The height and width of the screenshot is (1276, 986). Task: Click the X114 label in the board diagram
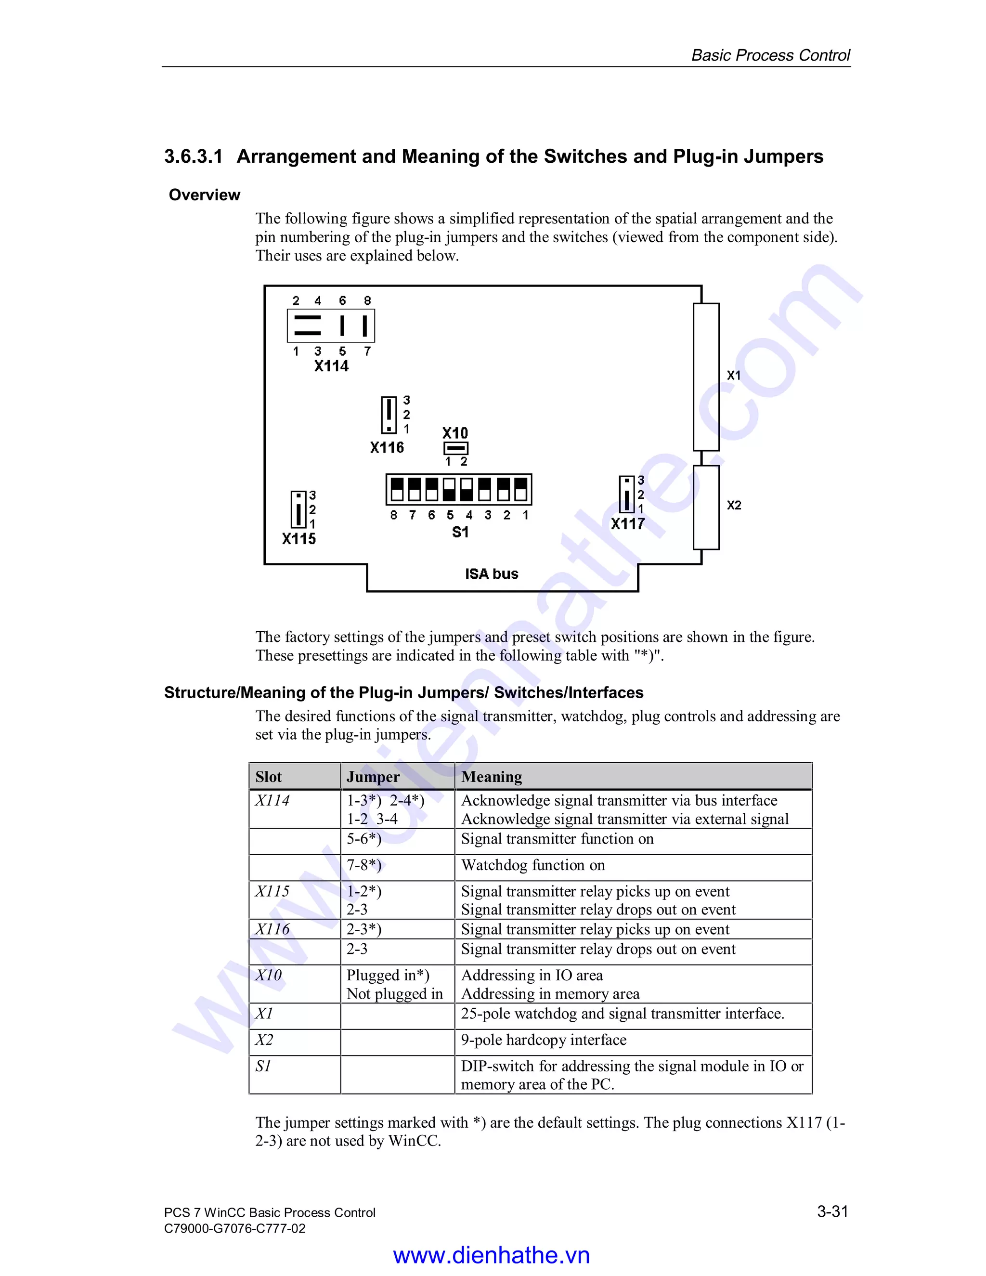pos(331,366)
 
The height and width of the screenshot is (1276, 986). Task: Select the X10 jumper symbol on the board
pos(455,448)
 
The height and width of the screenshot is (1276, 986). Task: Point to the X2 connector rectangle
pos(706,507)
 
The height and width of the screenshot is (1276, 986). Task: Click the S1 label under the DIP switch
pos(460,532)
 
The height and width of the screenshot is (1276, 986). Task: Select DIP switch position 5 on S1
pos(449,490)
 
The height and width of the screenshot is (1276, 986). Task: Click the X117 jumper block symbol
pos(626,495)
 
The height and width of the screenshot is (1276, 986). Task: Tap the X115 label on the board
pos(298,539)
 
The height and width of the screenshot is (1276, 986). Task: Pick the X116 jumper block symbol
pos(389,415)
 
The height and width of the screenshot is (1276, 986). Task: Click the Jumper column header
pos(373,777)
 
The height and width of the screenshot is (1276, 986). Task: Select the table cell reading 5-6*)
pos(364,839)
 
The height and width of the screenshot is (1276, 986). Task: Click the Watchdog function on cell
pos(533,865)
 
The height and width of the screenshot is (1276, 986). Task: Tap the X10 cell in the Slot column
pos(269,975)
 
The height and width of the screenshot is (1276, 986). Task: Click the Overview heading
pos(205,195)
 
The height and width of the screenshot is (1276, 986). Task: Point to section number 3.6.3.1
pos(194,156)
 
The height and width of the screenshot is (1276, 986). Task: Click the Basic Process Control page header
pos(770,55)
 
